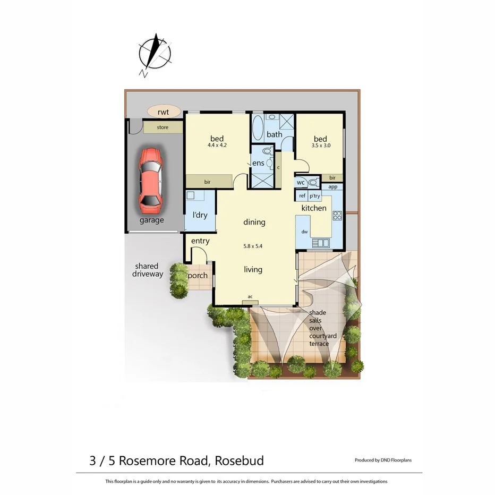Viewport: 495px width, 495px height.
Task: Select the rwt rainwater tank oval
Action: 163,112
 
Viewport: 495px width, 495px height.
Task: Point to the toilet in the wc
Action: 313,182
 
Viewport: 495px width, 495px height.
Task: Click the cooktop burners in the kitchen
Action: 337,215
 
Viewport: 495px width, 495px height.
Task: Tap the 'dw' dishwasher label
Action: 304,232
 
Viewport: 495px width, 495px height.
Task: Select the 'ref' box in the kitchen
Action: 302,195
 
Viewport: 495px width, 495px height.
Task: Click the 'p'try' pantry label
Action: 315,195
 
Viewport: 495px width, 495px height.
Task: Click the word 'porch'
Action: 198,276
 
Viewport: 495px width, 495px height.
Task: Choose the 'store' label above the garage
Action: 163,127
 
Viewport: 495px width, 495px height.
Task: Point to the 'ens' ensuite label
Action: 259,163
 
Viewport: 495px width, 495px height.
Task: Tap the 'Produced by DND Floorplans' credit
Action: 383,460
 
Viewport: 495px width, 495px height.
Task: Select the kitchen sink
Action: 321,243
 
